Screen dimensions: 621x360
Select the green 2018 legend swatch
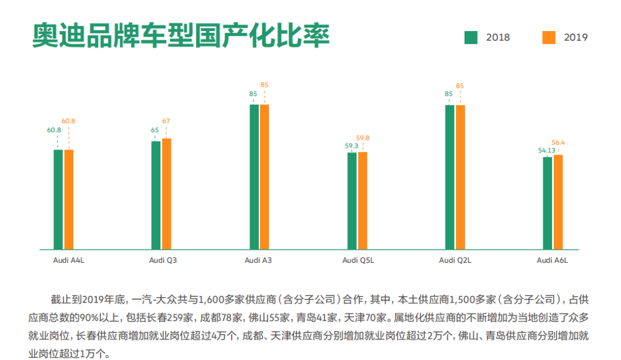click(470, 37)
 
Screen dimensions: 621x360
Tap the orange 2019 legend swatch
click(549, 37)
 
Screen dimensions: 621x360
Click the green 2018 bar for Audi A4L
click(58, 200)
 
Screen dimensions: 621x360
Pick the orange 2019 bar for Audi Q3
click(167, 194)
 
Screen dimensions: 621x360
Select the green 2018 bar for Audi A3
click(254, 177)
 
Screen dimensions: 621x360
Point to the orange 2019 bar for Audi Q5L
click(363, 201)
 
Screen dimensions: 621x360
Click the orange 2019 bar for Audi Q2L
click(460, 178)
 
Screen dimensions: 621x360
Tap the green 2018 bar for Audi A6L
click(547, 203)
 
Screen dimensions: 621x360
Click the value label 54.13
click(547, 151)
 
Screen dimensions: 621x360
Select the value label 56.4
click(558, 143)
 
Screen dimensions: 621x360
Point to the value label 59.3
click(351, 145)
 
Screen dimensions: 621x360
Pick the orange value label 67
click(166, 121)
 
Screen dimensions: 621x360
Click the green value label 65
click(155, 130)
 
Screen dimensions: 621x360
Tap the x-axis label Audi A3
click(258, 260)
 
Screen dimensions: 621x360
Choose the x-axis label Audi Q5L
click(358, 260)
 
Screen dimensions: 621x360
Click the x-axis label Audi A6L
click(552, 260)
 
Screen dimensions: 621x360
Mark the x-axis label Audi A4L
click(68, 260)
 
